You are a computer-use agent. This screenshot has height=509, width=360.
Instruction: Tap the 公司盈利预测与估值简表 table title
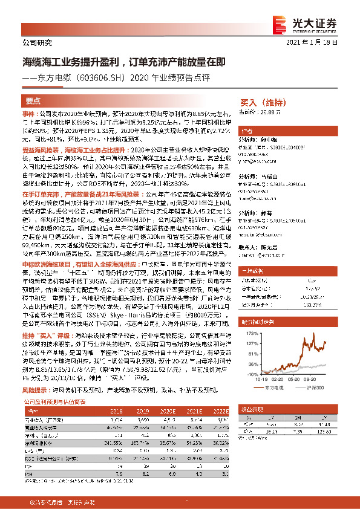click(55, 400)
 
